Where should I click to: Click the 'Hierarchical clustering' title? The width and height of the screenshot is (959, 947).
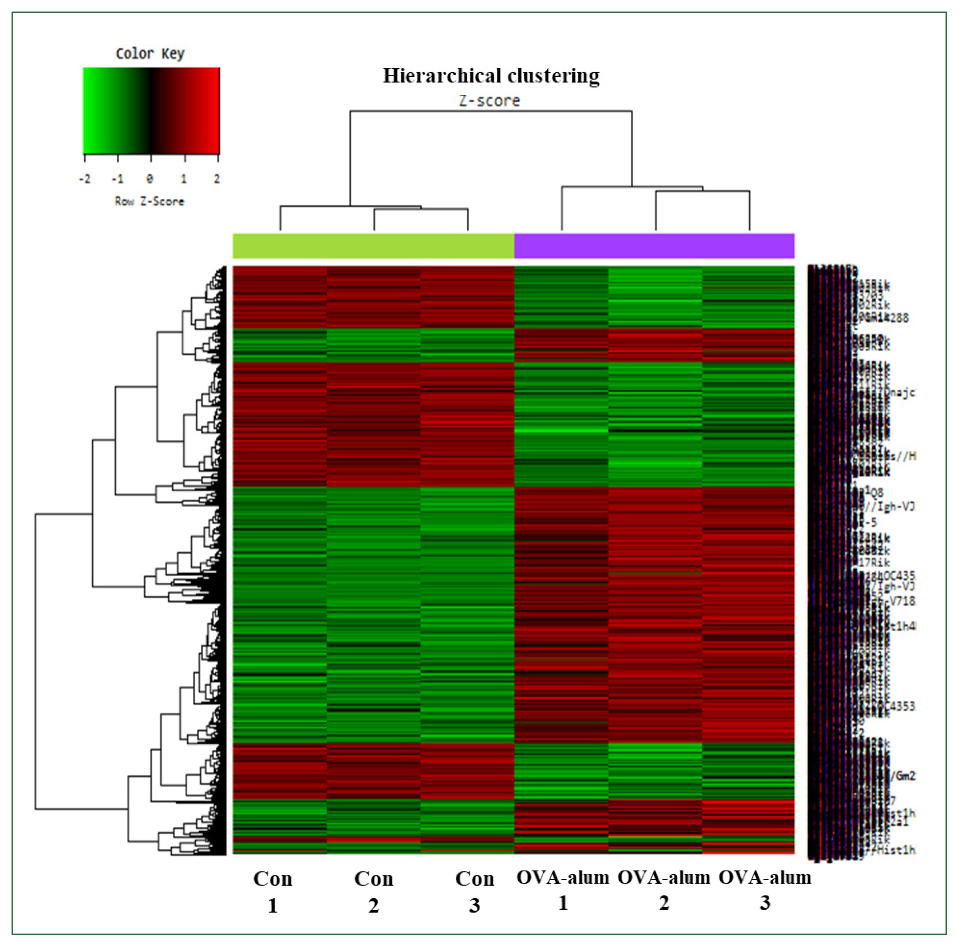[x=491, y=76]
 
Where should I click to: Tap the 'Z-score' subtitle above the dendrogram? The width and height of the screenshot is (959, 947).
[x=489, y=101]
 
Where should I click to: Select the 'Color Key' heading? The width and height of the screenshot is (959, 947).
[x=150, y=53]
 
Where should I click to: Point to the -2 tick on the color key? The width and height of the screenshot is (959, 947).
[x=85, y=178]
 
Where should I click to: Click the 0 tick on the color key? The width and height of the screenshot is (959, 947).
[x=150, y=178]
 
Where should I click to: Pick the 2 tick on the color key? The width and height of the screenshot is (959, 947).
[x=217, y=178]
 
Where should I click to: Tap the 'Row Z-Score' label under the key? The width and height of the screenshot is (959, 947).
[x=149, y=201]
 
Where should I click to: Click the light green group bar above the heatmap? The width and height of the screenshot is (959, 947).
[x=373, y=246]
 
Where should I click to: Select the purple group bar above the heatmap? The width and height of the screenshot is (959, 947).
[x=654, y=246]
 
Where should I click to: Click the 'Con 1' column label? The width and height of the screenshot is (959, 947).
[x=272, y=892]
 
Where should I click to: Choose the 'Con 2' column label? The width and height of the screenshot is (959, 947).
[x=373, y=892]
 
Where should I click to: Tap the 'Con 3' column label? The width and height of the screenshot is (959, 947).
[x=474, y=892]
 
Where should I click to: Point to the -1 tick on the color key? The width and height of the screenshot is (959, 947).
[x=118, y=178]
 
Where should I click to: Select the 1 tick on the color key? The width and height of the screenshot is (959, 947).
[x=184, y=178]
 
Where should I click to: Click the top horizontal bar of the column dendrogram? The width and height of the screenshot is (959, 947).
[x=491, y=111]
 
